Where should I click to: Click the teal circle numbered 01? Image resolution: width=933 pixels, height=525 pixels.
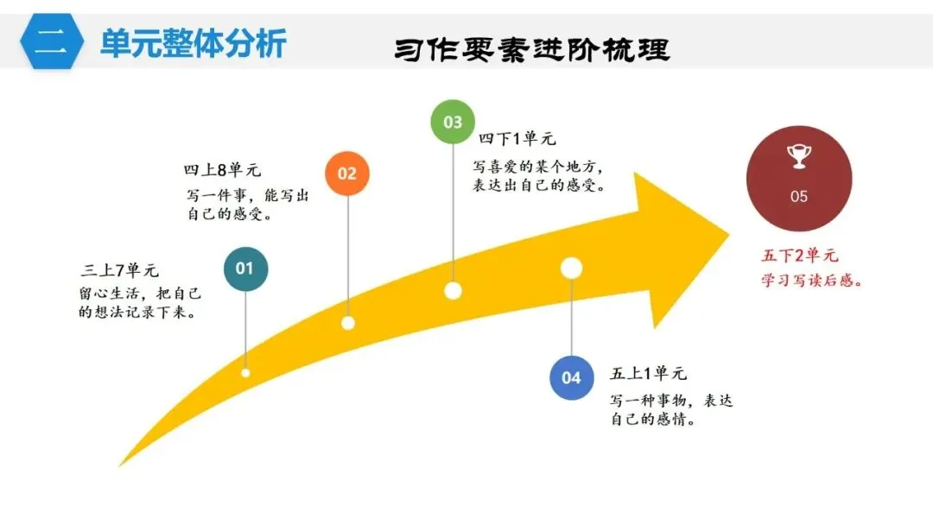[x=245, y=269]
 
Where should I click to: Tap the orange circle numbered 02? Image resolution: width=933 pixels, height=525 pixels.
[x=346, y=174]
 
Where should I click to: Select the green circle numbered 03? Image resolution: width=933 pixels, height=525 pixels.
[x=453, y=122]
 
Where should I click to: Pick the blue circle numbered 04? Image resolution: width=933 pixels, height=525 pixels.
[x=571, y=377]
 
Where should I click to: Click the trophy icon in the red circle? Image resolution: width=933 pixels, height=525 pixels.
[x=798, y=155]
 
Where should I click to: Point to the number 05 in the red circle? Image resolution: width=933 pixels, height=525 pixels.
[x=799, y=197]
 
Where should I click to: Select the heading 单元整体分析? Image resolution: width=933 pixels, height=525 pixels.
[x=193, y=43]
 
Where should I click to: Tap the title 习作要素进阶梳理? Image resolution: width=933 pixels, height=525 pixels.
[x=531, y=49]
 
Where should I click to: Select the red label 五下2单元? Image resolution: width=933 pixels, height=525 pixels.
[x=800, y=256]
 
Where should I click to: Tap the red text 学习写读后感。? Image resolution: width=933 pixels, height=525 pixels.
[x=813, y=281]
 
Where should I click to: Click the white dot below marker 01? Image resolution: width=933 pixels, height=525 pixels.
[x=245, y=372]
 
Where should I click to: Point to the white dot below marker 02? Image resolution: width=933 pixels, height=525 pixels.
[x=348, y=323]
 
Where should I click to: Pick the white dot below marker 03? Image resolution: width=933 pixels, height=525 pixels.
[x=453, y=290]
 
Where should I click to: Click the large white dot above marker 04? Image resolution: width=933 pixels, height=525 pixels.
[x=571, y=269]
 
